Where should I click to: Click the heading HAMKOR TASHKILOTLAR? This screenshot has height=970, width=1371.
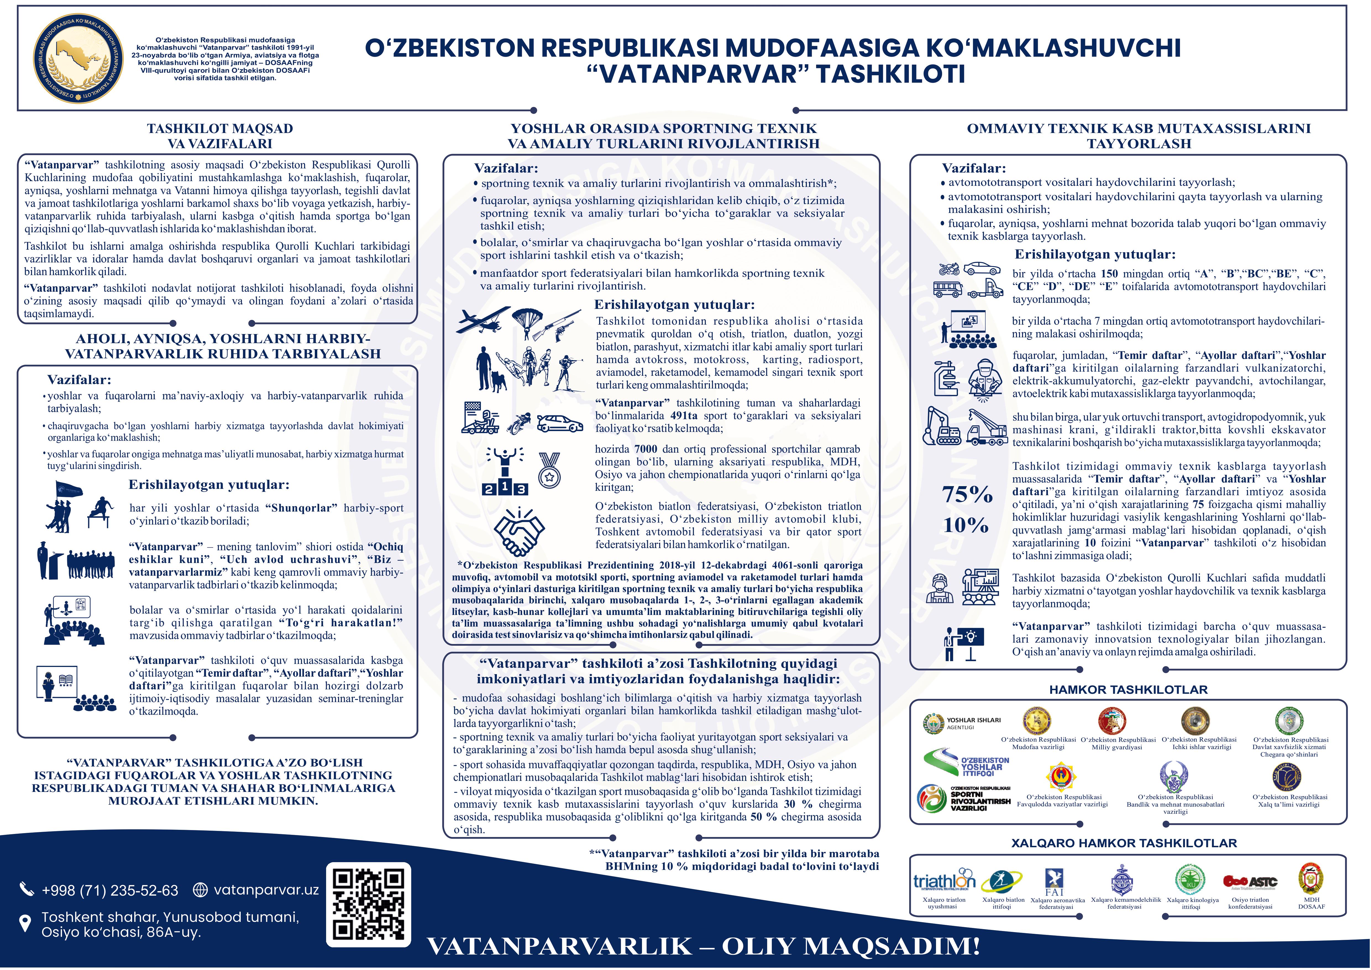1128,690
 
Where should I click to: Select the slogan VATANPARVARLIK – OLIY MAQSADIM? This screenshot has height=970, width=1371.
703,947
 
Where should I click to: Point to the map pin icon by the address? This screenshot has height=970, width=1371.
25,924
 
